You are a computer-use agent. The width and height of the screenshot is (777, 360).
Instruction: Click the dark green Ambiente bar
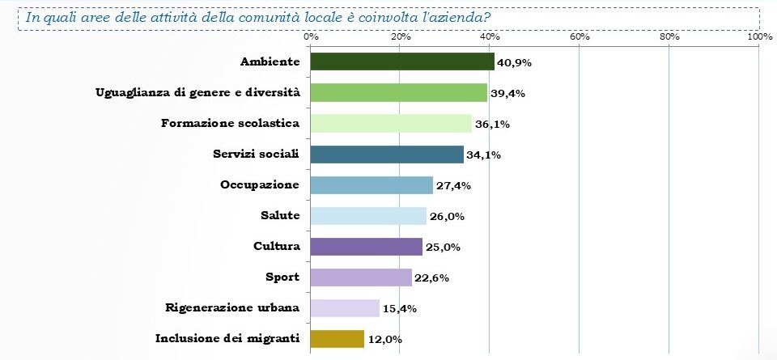[402, 61]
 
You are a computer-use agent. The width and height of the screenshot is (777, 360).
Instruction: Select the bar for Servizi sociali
[387, 154]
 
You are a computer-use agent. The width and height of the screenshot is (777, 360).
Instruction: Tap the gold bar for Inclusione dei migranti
[338, 339]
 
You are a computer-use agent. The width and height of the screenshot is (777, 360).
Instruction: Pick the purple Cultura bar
[367, 246]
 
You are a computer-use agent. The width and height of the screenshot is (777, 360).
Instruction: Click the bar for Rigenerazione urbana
[345, 308]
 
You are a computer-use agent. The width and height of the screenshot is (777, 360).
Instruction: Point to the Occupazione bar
[372, 184]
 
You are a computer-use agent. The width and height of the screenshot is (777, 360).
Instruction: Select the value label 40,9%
[514, 62]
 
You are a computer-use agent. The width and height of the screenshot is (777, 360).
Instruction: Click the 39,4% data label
[507, 93]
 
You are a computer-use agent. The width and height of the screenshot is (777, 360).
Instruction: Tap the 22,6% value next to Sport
[431, 277]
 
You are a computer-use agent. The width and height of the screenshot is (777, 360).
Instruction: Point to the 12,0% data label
[384, 340]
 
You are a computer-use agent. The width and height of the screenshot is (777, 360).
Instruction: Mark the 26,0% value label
[446, 216]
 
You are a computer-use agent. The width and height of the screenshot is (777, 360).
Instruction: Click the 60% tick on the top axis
[580, 36]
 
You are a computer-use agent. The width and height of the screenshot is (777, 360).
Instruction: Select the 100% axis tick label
[759, 36]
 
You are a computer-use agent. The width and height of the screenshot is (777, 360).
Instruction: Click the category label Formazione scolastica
[231, 123]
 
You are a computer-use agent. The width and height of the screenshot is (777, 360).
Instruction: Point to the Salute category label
[281, 215]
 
